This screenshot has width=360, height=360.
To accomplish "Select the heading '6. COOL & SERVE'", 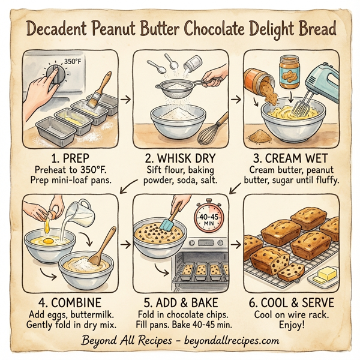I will [292, 301].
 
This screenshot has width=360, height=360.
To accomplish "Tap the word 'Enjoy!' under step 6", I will [292, 325].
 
